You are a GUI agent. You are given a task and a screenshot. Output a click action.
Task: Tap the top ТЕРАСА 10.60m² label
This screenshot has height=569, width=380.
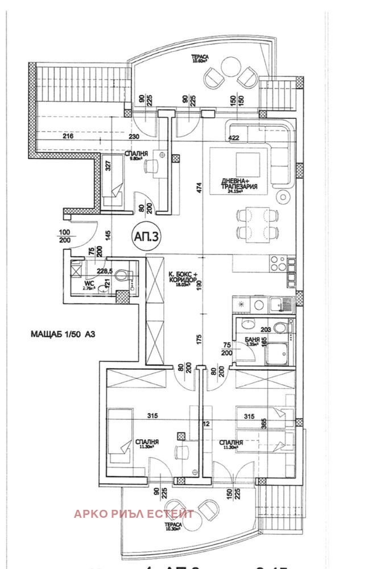point(200,56)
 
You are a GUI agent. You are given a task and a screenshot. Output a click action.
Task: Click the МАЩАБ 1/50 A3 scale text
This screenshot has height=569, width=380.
point(55,334)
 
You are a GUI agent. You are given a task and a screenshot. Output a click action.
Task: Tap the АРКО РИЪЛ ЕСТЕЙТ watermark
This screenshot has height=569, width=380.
point(134,513)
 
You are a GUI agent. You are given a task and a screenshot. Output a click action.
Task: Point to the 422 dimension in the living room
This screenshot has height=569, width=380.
point(233,137)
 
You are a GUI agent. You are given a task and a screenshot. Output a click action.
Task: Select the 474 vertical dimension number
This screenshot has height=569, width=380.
point(200,189)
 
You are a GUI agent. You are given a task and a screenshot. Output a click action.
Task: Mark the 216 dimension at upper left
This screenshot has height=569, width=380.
point(68,137)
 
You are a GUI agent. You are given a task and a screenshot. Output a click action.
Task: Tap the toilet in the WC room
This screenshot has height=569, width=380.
point(122,276)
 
